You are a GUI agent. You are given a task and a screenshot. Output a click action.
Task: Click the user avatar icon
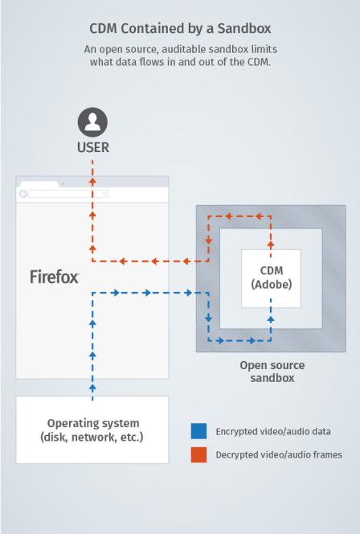(92, 123)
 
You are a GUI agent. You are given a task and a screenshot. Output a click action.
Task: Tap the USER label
(92, 147)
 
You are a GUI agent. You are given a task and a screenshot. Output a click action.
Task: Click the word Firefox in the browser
(55, 277)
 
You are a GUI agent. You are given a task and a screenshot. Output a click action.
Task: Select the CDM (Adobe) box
(271, 277)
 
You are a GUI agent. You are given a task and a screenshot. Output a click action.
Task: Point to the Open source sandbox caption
(272, 372)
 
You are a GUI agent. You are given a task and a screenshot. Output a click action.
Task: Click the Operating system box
(92, 429)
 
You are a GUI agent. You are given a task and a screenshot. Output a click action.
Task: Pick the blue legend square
(198, 431)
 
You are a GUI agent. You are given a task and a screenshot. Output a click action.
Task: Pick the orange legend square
(198, 454)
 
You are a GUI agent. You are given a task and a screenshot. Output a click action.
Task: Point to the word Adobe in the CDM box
(271, 285)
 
